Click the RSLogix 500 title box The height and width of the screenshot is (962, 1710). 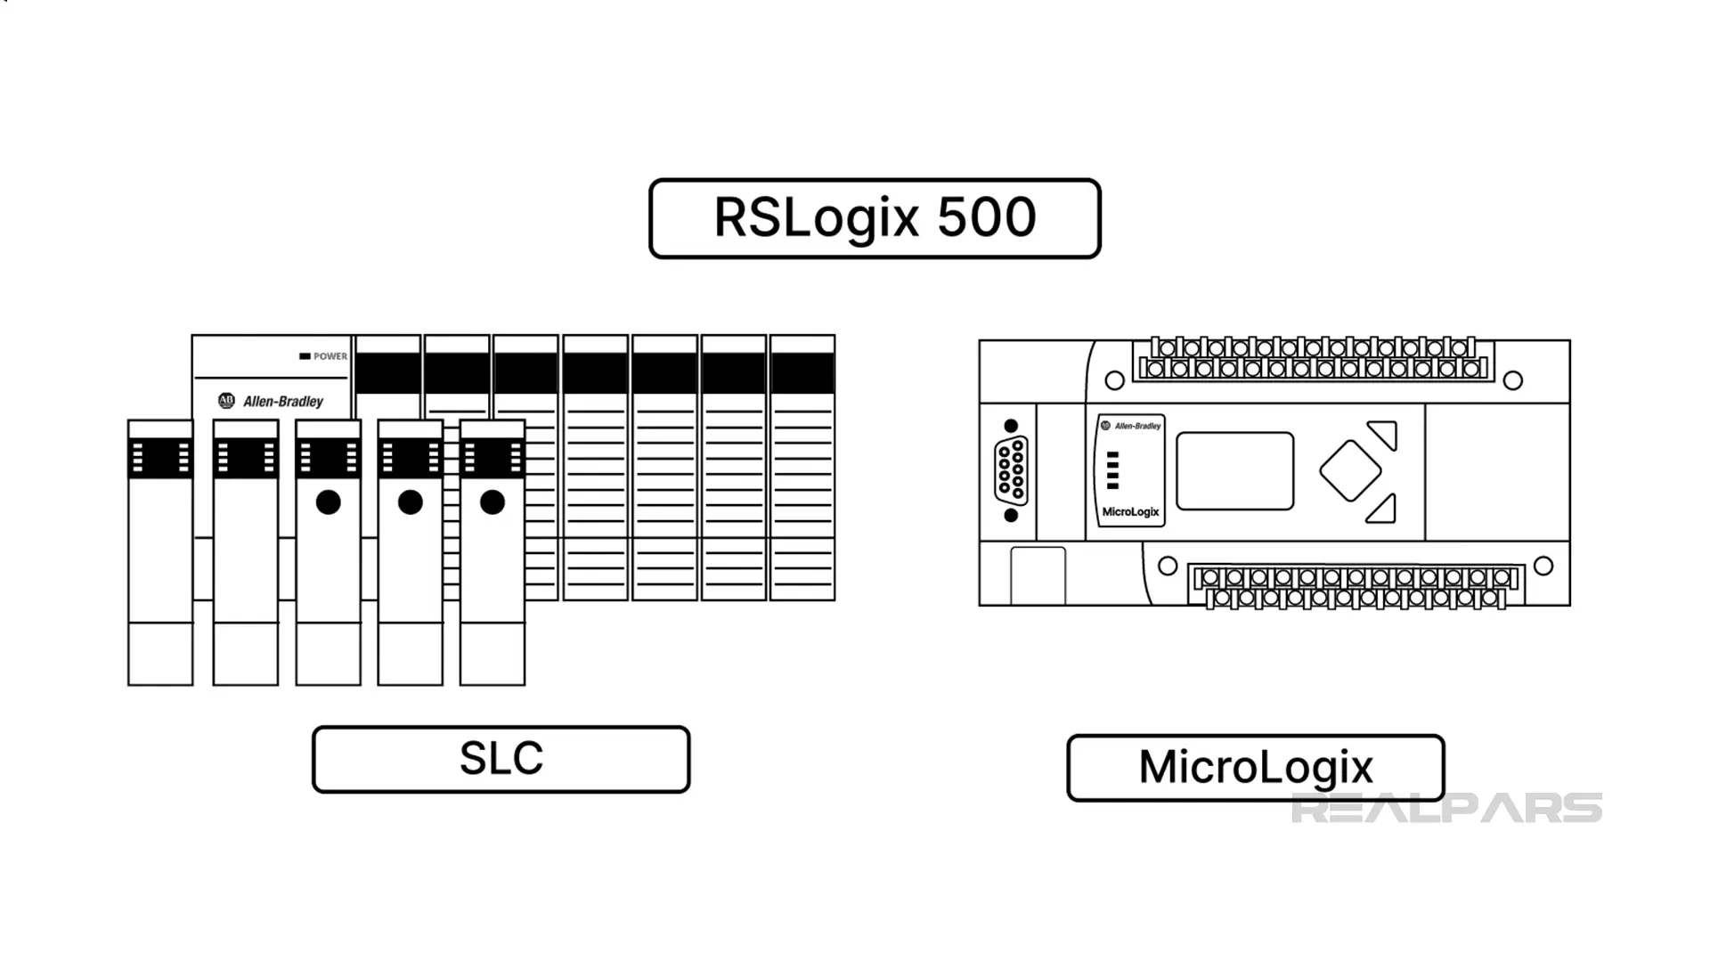[875, 218]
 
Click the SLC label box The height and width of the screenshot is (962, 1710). [501, 759]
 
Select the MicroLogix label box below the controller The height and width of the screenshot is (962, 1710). [1255, 767]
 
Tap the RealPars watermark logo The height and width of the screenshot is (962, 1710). [1445, 808]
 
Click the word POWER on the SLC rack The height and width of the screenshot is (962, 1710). [330, 356]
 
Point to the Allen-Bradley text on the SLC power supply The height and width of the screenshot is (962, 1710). [283, 402]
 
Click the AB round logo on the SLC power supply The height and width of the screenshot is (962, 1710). [226, 401]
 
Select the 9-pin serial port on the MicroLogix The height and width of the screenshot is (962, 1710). [1011, 470]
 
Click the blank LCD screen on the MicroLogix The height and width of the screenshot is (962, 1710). [1234, 471]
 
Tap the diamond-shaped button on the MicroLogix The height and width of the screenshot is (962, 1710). [1350, 470]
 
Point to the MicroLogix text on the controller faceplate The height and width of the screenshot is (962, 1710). [1130, 512]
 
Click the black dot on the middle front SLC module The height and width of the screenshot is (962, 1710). [328, 502]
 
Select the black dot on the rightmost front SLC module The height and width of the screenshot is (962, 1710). [493, 502]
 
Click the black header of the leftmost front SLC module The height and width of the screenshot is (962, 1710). [160, 459]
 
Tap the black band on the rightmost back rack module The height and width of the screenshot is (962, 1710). [802, 372]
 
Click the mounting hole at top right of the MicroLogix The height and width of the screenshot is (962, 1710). [1512, 381]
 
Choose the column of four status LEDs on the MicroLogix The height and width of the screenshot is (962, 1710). [1112, 470]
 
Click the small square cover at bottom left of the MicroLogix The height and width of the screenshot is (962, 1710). [1038, 576]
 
